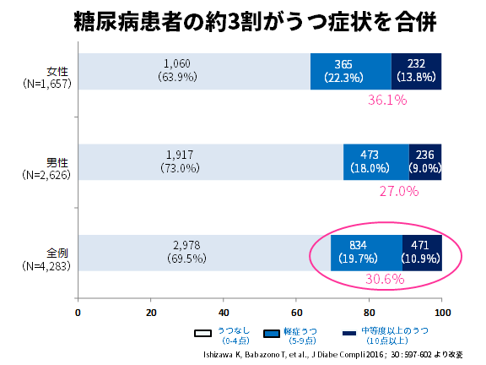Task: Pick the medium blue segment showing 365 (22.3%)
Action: tap(350, 70)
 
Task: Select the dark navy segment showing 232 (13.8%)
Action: tap(417, 70)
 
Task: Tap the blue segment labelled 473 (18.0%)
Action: tap(375, 161)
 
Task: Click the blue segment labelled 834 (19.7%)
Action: tap(366, 252)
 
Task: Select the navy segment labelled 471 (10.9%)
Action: tap(422, 252)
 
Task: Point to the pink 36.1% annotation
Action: tap(387, 100)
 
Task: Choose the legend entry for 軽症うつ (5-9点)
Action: tap(292, 335)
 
